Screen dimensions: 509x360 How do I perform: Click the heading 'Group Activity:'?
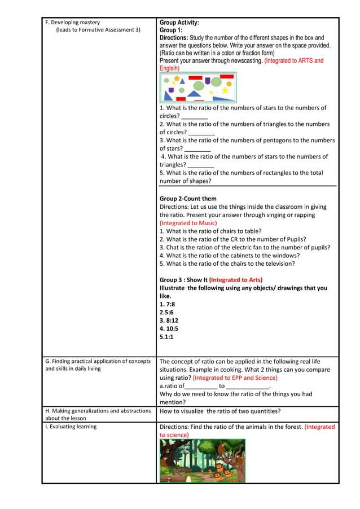pos(179,23)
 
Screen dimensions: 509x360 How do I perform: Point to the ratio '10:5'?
pos(171,328)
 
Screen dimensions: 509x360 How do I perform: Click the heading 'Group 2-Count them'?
pos(188,199)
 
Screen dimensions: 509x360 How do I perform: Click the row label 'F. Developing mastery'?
pos(72,23)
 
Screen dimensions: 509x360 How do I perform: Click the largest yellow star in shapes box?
pos(225,90)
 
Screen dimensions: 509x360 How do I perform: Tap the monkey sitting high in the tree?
pos(222,447)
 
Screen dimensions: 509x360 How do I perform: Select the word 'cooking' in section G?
pos(250,370)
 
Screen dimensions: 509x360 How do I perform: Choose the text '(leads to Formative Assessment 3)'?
pos(98,30)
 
